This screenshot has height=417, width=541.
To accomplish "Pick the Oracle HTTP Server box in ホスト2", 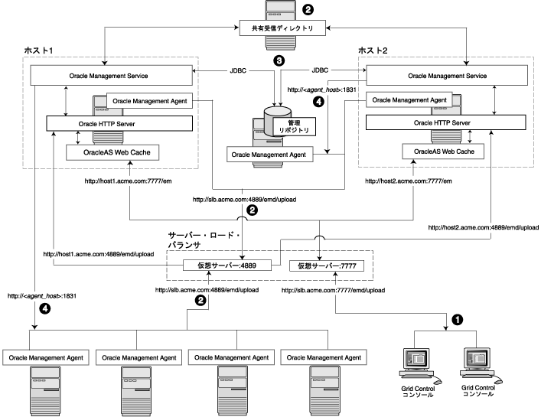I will point(442,122).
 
